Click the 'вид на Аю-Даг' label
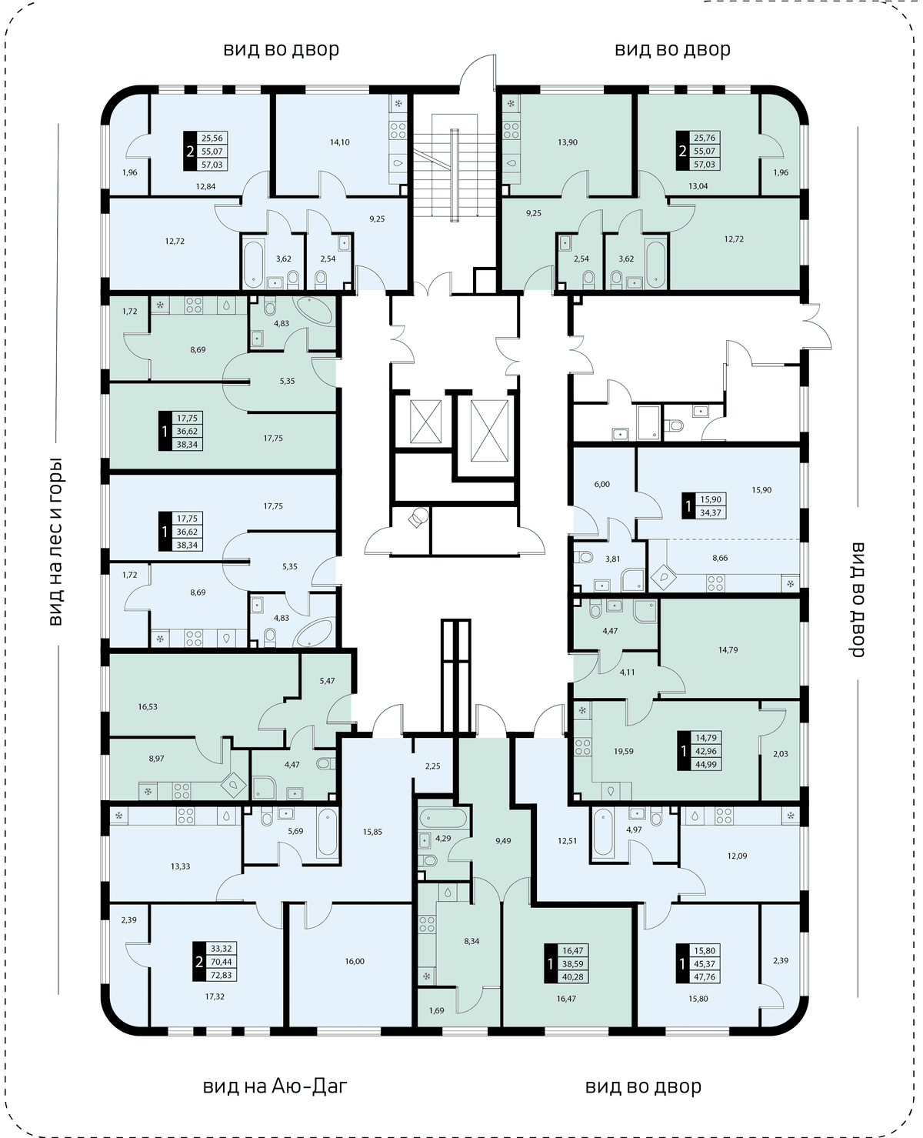275,1086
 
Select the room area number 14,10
340,142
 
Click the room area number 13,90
568,142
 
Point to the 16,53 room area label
148,706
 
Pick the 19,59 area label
623,751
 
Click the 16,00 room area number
355,961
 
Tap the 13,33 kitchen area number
181,866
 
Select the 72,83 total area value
222,975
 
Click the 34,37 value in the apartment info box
711,513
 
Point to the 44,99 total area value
706,764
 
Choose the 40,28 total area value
572,977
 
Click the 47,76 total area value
705,977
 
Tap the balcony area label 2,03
781,754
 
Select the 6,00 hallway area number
601,484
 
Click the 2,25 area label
432,766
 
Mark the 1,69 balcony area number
436,1010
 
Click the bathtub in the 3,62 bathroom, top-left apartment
253,263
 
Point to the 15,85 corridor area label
372,831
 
